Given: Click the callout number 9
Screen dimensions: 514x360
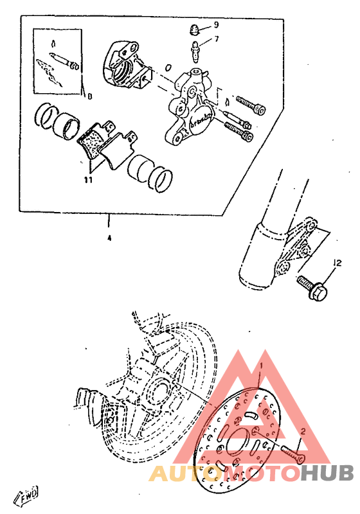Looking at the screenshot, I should point(217,25).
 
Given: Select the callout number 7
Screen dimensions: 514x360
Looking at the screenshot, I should point(217,39).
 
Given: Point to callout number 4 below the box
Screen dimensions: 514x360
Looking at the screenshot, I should point(109,238).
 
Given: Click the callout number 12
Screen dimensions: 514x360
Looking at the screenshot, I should point(336,263).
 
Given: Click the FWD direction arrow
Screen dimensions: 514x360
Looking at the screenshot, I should point(28,495).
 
